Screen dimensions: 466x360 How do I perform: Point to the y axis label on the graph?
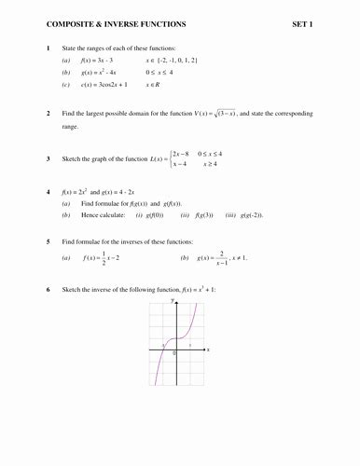[x=173, y=302]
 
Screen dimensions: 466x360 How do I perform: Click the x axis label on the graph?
[x=208, y=350]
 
